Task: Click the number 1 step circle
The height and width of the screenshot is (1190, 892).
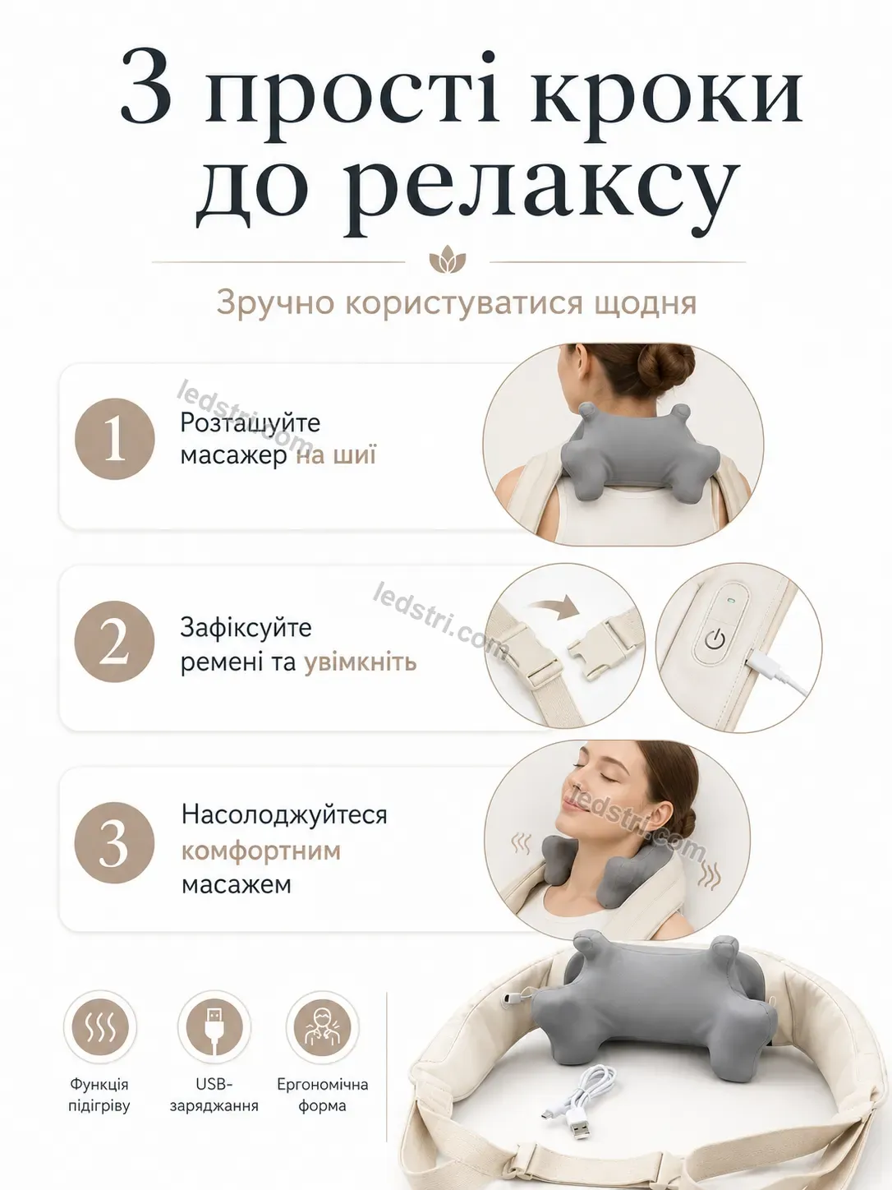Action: click(x=114, y=439)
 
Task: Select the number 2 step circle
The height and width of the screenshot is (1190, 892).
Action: click(x=114, y=641)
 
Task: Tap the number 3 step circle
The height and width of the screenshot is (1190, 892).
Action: click(x=114, y=843)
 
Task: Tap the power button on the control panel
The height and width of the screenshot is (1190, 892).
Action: click(x=715, y=639)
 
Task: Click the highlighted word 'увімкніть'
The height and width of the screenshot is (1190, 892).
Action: click(x=361, y=662)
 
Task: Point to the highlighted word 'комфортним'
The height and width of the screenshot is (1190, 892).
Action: click(x=261, y=851)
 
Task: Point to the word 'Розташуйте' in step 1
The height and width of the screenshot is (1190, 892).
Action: click(x=251, y=423)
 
